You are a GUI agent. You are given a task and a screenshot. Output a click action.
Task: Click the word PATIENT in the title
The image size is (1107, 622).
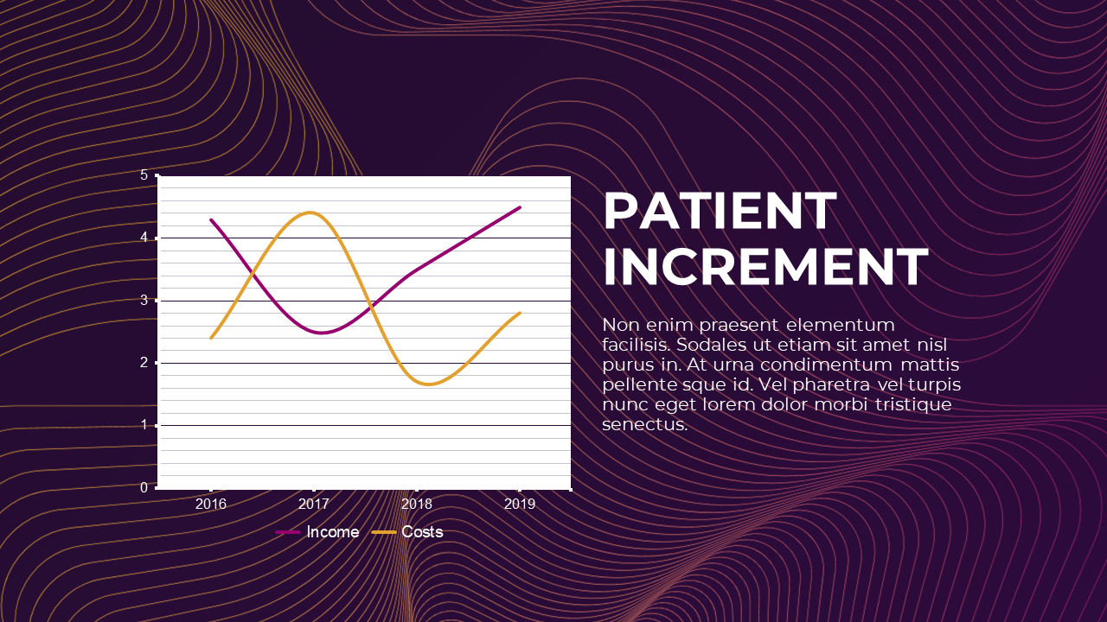click(720, 212)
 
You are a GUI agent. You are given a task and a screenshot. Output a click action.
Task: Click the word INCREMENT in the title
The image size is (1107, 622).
click(765, 267)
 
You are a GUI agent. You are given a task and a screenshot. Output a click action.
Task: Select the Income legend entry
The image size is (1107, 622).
click(332, 532)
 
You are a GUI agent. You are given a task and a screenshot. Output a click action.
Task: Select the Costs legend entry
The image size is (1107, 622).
click(422, 532)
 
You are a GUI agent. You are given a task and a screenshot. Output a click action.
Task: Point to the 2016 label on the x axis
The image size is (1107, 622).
click(211, 504)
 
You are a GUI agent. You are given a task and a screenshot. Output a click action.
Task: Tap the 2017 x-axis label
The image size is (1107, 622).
click(314, 504)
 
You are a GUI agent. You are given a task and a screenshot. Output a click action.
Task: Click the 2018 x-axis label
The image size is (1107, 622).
click(417, 504)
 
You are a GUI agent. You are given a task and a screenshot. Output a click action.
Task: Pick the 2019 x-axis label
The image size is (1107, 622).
click(519, 504)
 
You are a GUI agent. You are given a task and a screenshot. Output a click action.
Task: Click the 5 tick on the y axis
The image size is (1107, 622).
click(144, 175)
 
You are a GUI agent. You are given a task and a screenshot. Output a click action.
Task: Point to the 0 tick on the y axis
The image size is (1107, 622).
click(144, 488)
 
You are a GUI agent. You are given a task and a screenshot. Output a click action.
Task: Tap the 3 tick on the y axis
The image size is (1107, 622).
click(144, 301)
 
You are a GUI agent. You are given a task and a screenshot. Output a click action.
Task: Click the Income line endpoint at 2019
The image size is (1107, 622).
click(520, 207)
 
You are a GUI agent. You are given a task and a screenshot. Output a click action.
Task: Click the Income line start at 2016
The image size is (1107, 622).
click(211, 219)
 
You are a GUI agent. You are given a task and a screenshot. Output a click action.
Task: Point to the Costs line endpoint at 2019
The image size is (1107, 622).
click(520, 313)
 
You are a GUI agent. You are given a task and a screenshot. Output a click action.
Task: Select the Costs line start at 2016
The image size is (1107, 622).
click(211, 338)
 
